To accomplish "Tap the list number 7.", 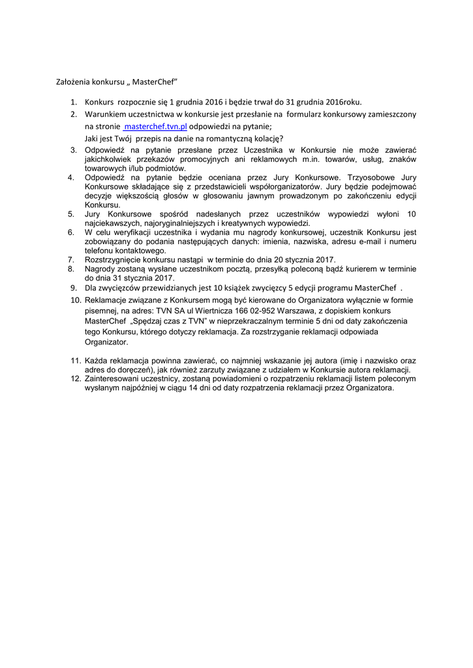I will (72, 259).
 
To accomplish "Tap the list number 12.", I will (74, 378).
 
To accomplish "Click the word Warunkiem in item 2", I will (106, 114).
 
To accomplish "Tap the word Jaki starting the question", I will (92, 138).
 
